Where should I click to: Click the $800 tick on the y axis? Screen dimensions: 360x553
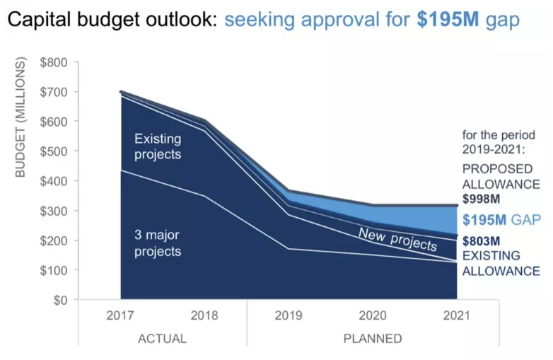[x=54, y=62]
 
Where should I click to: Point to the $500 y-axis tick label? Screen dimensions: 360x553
[x=54, y=151]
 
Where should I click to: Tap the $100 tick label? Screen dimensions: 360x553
[x=54, y=270]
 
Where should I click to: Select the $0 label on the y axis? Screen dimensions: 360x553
[x=60, y=300]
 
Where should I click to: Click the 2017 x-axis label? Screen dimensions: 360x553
[x=120, y=316]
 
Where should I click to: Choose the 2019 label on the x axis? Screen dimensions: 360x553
[x=289, y=316]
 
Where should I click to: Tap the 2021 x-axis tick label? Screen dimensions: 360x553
[x=456, y=316]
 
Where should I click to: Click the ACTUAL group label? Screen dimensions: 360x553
[x=163, y=338]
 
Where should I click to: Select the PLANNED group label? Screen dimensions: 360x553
[x=372, y=338]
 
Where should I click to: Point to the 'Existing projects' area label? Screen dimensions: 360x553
[x=158, y=147]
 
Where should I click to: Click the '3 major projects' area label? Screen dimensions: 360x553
[x=158, y=243]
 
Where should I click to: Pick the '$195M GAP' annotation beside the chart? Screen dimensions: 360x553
[x=501, y=220]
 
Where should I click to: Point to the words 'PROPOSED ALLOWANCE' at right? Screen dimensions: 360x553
[x=498, y=177]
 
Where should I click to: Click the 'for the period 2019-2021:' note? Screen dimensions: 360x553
[x=498, y=141]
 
